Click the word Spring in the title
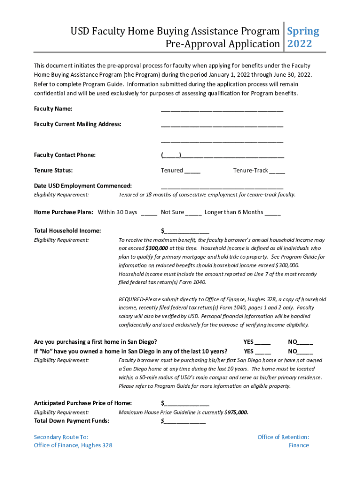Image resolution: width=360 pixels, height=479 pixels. pos(303,31)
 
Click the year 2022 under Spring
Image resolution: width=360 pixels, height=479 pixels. pos(299,44)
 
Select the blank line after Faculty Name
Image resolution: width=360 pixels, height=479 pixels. pos(222,110)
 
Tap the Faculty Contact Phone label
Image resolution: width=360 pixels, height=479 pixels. pos(65,155)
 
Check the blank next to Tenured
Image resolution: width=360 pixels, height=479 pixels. pos(193,171)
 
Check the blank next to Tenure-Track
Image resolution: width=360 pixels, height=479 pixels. pos(277,171)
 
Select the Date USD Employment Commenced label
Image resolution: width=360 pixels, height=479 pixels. pos(83,186)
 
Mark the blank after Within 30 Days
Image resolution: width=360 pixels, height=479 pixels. pos(149,213)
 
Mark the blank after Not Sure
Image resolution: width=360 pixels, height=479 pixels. pos(194,213)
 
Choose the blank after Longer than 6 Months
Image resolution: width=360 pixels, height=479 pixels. pos(273,213)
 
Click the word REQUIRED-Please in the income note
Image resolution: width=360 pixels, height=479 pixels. pos(138,299)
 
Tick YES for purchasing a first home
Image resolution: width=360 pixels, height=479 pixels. pos(263,342)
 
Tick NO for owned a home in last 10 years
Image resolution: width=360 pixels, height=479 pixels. pos(305,352)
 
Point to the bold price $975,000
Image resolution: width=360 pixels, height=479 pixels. pos(237,413)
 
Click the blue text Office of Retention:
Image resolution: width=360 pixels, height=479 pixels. pos(283,437)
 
